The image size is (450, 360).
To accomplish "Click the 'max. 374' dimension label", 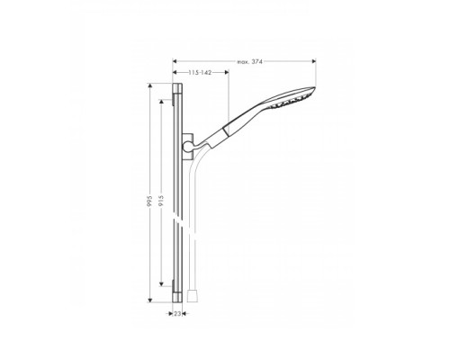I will pyautogui.click(x=249, y=62).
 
